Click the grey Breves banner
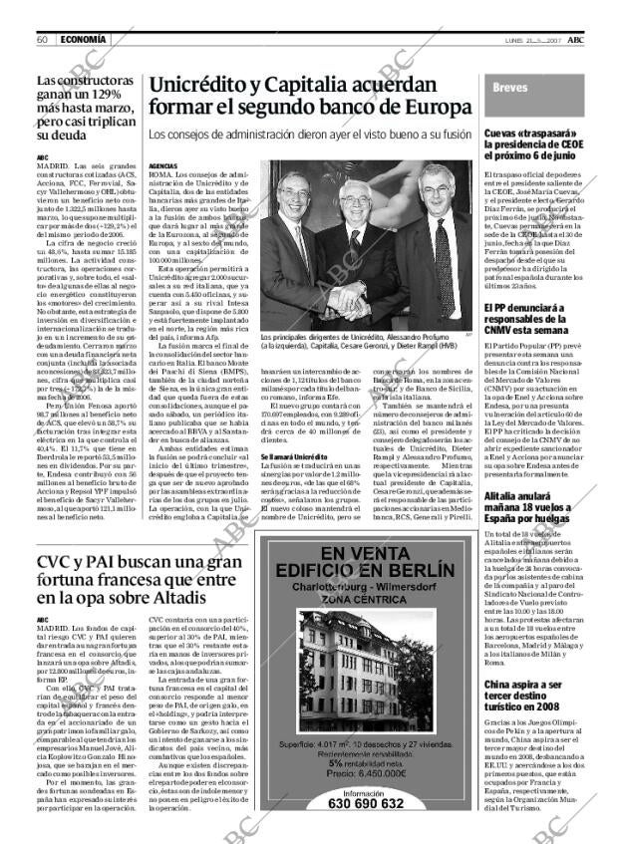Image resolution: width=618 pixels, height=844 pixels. point(538,89)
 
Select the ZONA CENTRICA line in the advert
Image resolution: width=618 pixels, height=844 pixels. point(366,603)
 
